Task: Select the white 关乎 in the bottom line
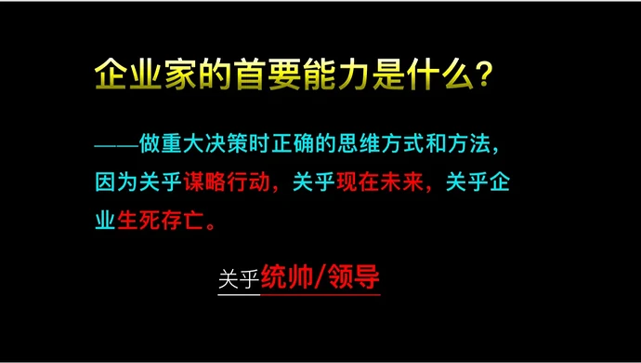coord(239,278)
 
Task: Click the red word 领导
coord(355,276)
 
